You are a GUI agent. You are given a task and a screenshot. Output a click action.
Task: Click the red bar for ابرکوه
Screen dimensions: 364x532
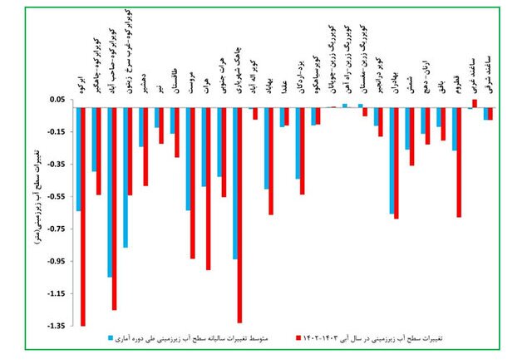83,216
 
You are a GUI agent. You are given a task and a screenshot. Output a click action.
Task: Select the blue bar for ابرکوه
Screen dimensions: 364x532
77,159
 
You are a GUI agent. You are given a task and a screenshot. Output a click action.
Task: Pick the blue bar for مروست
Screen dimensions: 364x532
187,159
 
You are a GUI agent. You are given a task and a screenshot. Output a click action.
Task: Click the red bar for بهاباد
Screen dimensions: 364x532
271,161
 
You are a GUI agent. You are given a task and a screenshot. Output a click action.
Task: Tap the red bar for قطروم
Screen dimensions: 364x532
459,162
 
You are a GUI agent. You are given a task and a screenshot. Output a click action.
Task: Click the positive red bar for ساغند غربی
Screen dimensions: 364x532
475,103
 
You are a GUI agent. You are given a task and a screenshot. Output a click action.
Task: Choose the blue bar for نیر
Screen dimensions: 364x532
155,117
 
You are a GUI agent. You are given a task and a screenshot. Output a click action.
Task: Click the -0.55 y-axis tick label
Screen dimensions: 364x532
57,197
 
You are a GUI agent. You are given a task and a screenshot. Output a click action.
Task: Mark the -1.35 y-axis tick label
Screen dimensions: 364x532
57,326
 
